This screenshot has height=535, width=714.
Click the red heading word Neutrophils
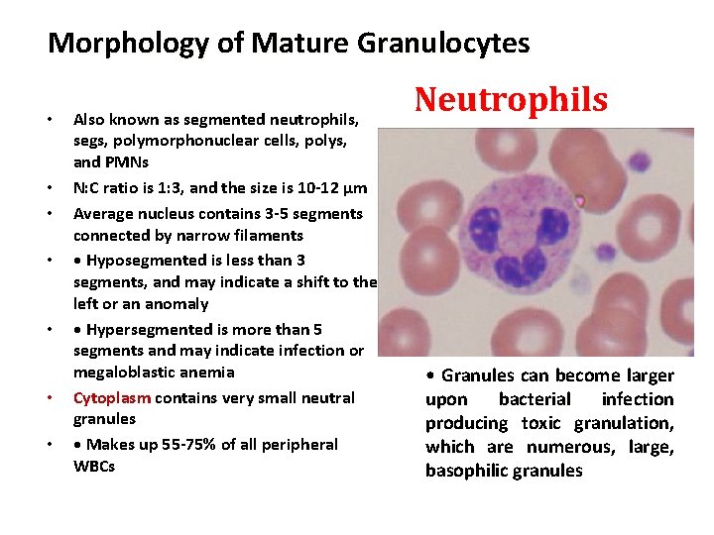click(511, 99)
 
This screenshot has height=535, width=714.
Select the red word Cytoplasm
click(112, 397)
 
